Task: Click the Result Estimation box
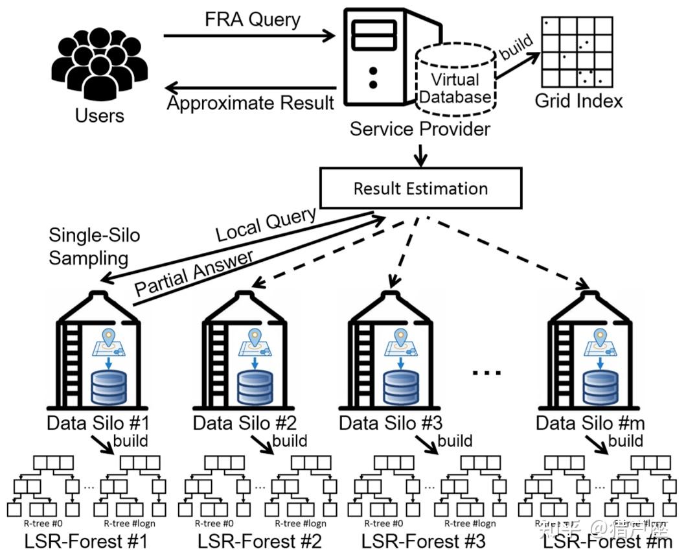click(x=420, y=189)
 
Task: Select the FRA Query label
click(x=253, y=19)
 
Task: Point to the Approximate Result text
click(x=251, y=103)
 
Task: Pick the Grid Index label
click(x=578, y=101)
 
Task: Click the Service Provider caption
click(x=420, y=129)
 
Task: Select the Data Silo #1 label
click(x=98, y=424)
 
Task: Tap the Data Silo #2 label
click(x=245, y=424)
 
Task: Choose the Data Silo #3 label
click(x=391, y=424)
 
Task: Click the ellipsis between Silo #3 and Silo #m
click(x=487, y=373)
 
